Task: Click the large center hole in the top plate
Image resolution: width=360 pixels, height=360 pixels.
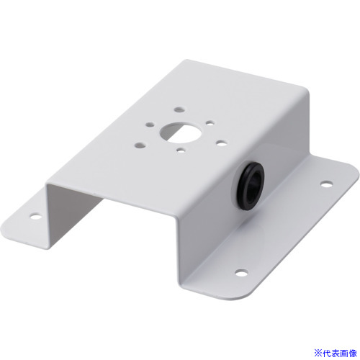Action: [x=180, y=132]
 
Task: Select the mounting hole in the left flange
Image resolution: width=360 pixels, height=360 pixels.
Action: [x=35, y=217]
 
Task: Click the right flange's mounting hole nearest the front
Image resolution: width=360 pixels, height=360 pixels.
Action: [x=241, y=272]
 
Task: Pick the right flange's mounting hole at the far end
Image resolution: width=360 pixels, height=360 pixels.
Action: [x=327, y=184]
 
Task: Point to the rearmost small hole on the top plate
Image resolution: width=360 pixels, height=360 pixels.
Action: [x=179, y=109]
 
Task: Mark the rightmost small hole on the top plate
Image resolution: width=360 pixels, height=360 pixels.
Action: [x=222, y=143]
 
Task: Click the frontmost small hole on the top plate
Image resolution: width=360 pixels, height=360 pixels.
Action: [x=181, y=150]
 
